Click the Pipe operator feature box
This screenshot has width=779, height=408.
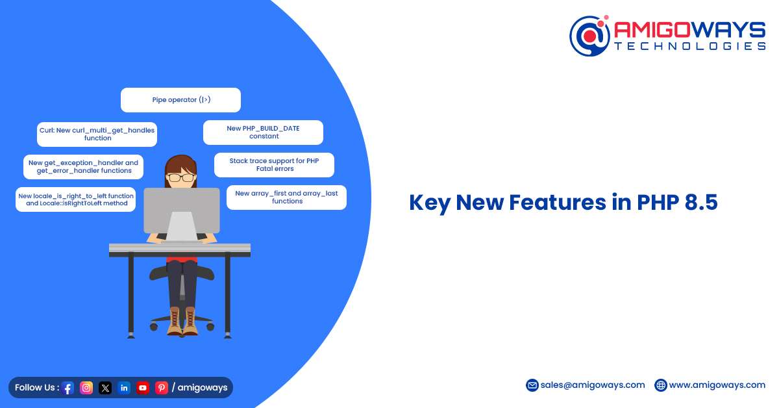180,100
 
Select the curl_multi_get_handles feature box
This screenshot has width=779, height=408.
97,134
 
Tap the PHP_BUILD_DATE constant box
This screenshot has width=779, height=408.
264,133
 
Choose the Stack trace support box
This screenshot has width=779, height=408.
275,164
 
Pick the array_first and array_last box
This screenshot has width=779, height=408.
286,197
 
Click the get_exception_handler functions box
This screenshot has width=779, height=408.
84,167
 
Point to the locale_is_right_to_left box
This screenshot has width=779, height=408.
76,199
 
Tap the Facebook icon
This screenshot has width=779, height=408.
68,388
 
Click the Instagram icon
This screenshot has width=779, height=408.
86,387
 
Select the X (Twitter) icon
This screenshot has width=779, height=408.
105,387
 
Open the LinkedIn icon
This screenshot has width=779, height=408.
124,387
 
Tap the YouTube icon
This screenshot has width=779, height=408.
143,387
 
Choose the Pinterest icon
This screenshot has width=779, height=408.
162,387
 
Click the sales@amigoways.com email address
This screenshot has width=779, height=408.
593,385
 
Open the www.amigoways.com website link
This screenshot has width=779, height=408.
717,385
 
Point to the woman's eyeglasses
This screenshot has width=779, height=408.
181,177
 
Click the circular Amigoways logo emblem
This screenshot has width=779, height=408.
590,36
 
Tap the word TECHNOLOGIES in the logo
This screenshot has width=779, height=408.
690,46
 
